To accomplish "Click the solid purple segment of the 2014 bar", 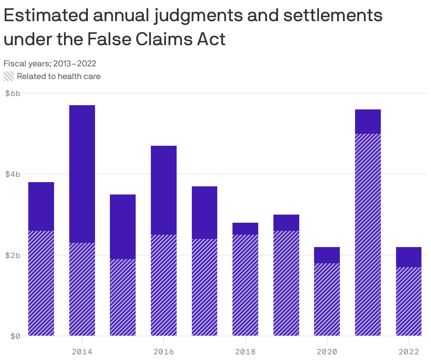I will click(x=82, y=174).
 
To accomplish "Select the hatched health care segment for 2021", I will click(x=368, y=235).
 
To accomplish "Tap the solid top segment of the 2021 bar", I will click(x=368, y=121).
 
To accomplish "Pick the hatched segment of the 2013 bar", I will click(x=41, y=283).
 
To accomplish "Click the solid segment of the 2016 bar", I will click(x=164, y=190).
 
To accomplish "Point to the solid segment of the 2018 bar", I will click(x=245, y=229).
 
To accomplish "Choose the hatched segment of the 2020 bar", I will click(x=327, y=299).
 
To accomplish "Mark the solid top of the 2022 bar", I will click(x=409, y=257).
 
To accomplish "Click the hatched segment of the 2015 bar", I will click(x=123, y=297).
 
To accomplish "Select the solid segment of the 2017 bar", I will click(x=205, y=212).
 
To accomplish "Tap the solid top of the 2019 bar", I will click(x=286, y=222).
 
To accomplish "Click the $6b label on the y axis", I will click(x=13, y=93).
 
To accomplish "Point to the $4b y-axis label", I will click(x=13, y=174).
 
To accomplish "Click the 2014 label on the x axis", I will click(x=82, y=352).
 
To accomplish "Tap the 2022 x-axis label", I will click(x=409, y=352).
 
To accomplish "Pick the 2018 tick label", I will click(x=245, y=352).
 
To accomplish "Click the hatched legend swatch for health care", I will click(x=9, y=76).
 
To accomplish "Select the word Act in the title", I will click(x=211, y=39).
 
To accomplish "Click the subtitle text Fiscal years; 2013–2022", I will click(x=50, y=64).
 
